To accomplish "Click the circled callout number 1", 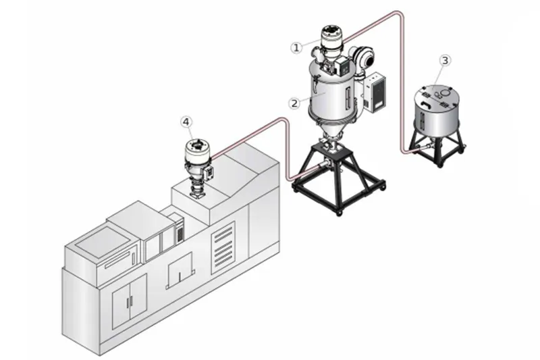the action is [296, 47].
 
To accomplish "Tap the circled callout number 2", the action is [294, 103].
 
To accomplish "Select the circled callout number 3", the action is [445, 61].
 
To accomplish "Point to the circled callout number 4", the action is [186, 122].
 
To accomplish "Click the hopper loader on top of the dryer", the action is [331, 41].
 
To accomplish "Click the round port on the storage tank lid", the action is [446, 92].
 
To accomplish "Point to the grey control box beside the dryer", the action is [375, 92].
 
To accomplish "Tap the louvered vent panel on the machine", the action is [223, 248].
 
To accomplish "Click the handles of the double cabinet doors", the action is [130, 302].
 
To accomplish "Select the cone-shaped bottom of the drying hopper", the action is [328, 128].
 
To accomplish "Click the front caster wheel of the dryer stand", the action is [340, 213].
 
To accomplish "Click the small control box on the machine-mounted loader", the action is [209, 174].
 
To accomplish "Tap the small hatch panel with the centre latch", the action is [179, 270].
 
